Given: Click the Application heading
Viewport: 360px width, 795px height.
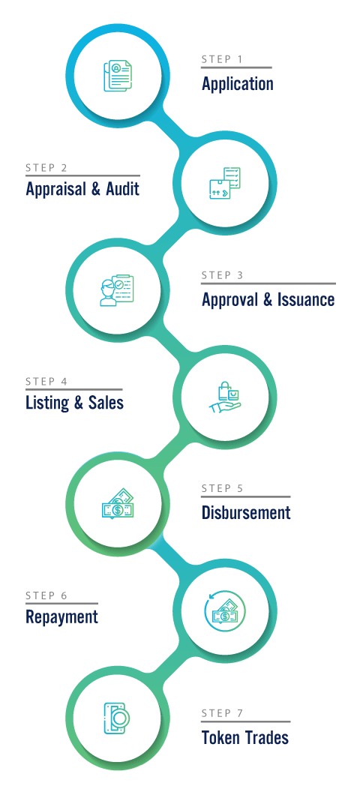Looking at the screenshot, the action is tap(237, 84).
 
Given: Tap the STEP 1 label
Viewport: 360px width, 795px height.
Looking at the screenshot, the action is tap(222, 59).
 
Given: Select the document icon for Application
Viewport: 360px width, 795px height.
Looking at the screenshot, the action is tap(117, 76).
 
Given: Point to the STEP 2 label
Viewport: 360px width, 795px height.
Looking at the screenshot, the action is tap(46, 168).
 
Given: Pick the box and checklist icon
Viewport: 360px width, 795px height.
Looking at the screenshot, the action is tap(224, 183).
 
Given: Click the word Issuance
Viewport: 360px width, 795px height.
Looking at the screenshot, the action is tap(306, 299).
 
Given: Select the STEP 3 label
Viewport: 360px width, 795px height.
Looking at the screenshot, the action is tap(222, 275).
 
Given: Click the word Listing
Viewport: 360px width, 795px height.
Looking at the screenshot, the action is tap(46, 403).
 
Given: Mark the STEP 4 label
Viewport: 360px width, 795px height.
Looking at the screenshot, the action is tap(46, 382).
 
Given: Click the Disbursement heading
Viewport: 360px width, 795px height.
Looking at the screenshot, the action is tap(246, 512).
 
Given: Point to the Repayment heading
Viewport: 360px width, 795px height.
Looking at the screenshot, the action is tap(61, 617).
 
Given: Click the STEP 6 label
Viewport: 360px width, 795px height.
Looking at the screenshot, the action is tap(46, 595).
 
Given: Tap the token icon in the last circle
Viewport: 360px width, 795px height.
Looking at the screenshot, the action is tap(116, 718).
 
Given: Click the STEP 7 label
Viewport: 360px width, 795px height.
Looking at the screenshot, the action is tap(222, 713).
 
